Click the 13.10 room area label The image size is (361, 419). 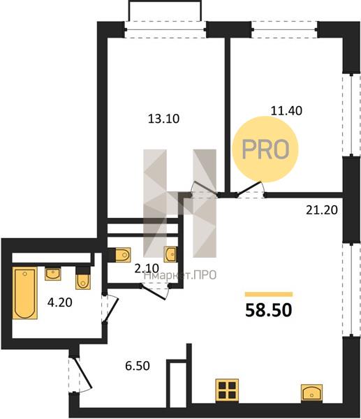coord(163,119)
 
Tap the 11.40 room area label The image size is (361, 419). coord(286,110)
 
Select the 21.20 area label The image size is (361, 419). coord(322,210)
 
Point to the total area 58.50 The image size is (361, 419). coord(269,310)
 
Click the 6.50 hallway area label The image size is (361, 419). coord(138,365)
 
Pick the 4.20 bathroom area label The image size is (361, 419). coord(60,302)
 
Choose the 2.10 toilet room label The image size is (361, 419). coord(147,268)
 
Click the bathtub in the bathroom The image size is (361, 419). coord(25,293)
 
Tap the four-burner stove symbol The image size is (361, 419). coord(227,390)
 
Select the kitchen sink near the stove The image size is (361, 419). coord(311,392)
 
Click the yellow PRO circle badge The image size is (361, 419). coord(265,149)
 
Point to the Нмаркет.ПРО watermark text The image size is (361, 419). coord(180,275)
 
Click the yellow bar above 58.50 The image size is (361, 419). coord(269,295)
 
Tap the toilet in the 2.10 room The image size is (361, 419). coord(123,255)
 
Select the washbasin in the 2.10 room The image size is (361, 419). coord(170,254)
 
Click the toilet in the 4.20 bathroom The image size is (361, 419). coord(83,281)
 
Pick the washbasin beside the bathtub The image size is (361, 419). coord(53,274)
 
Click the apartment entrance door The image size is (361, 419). coord(82,374)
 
